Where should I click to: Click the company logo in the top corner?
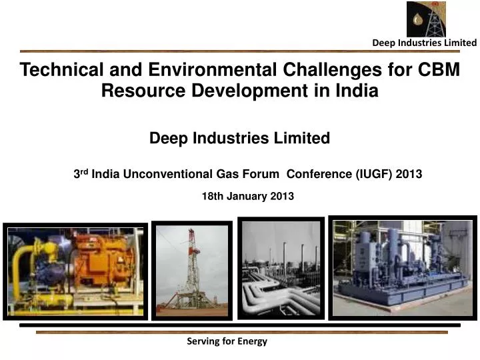pos(426,19)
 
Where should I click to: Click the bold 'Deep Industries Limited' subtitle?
pos(239,138)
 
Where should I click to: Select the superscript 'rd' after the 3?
pos(85,171)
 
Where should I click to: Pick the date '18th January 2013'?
pos(247,196)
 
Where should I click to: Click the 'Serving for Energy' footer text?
pos(227,341)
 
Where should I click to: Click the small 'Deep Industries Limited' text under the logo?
pos(424,43)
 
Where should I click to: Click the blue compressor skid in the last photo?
pos(400,263)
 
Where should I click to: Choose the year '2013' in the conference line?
pos(409,174)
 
